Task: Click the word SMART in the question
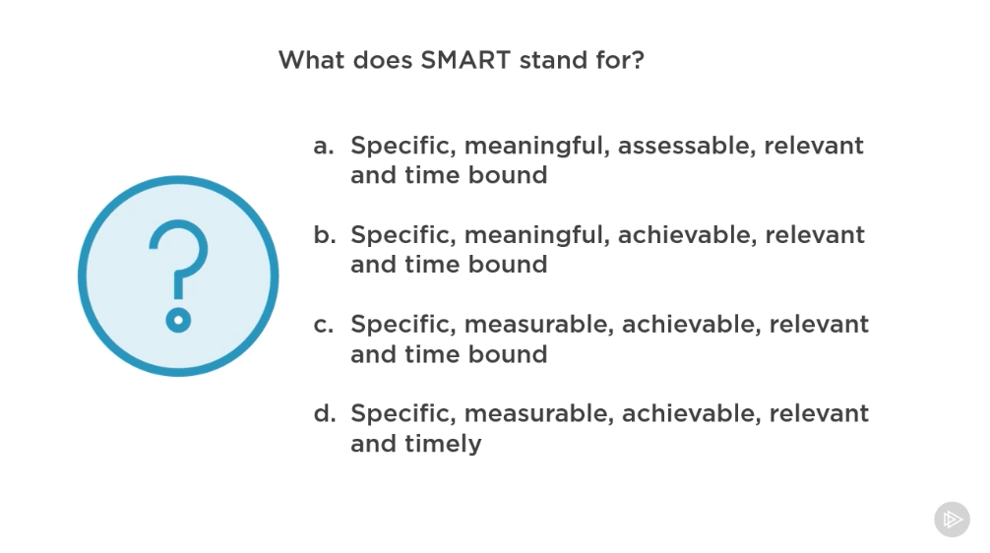pyautogui.click(x=465, y=60)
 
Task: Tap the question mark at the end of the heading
pyautogui.click(x=637, y=60)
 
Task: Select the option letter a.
pyautogui.click(x=323, y=147)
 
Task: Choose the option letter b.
pyautogui.click(x=325, y=234)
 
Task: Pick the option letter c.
pyautogui.click(x=323, y=325)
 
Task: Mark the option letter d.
pyautogui.click(x=325, y=413)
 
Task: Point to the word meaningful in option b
pyautogui.click(x=537, y=236)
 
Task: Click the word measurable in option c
pyautogui.click(x=539, y=325)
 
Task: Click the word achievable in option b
pyautogui.click(x=687, y=235)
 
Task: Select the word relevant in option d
pyautogui.click(x=819, y=414)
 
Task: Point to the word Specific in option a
pyautogui.click(x=403, y=147)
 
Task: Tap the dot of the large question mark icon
pyautogui.click(x=179, y=320)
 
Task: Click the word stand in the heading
pyautogui.click(x=553, y=60)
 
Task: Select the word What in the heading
pyautogui.click(x=312, y=60)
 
